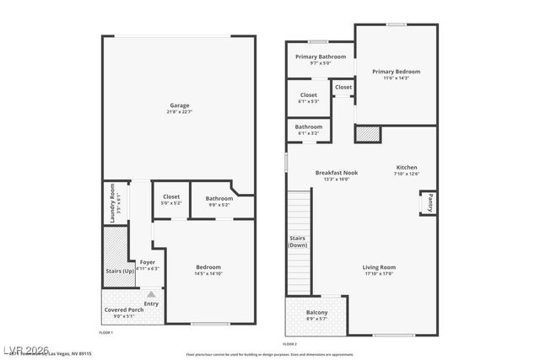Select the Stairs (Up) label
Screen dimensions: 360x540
(120, 271)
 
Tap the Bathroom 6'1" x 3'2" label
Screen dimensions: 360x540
(308, 130)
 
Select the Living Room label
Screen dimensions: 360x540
(379, 270)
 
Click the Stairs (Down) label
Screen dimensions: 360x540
(298, 241)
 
